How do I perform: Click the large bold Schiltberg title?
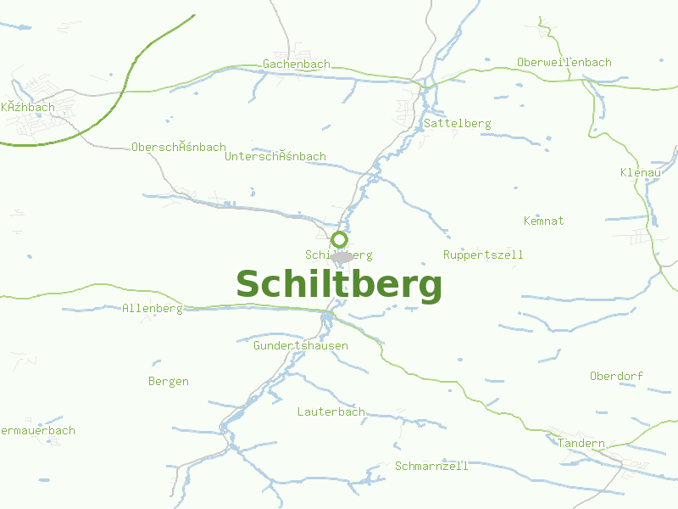(x=339, y=285)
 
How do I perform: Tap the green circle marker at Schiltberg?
(x=339, y=239)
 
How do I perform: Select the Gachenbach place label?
(x=297, y=64)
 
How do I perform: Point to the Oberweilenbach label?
(x=564, y=63)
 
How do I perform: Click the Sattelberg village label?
(x=458, y=124)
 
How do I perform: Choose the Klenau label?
(x=641, y=173)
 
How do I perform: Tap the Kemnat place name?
(x=544, y=221)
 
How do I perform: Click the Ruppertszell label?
(x=483, y=255)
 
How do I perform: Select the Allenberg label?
(x=153, y=309)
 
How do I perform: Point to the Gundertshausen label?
(x=301, y=346)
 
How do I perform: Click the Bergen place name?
(x=169, y=382)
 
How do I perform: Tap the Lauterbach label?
(x=331, y=412)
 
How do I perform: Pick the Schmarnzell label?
(x=431, y=466)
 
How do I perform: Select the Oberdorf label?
(x=617, y=376)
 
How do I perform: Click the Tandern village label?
(x=581, y=444)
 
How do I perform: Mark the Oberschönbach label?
(x=179, y=148)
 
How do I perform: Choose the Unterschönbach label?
(x=275, y=157)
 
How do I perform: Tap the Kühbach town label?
(x=28, y=108)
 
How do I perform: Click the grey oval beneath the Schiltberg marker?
(x=342, y=257)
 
